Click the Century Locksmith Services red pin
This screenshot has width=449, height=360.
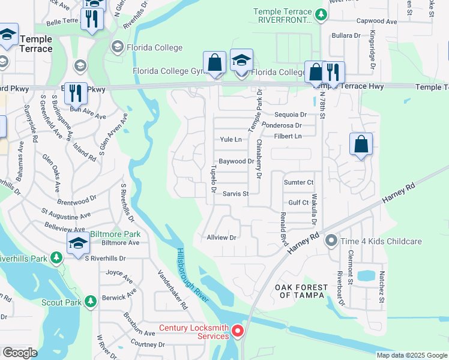coord(238,331)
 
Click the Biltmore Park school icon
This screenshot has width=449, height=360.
coord(78,244)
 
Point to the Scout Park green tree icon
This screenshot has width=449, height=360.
coord(90,301)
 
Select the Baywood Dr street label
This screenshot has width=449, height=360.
coord(236,161)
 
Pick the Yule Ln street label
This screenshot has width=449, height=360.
coord(231,139)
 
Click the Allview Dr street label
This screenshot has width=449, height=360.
coord(222,238)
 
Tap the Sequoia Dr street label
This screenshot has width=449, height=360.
coord(290,114)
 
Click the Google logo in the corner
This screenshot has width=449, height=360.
coord(20,353)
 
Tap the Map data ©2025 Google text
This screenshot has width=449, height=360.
coord(411,355)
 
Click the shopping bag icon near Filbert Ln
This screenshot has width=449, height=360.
coord(360,145)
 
